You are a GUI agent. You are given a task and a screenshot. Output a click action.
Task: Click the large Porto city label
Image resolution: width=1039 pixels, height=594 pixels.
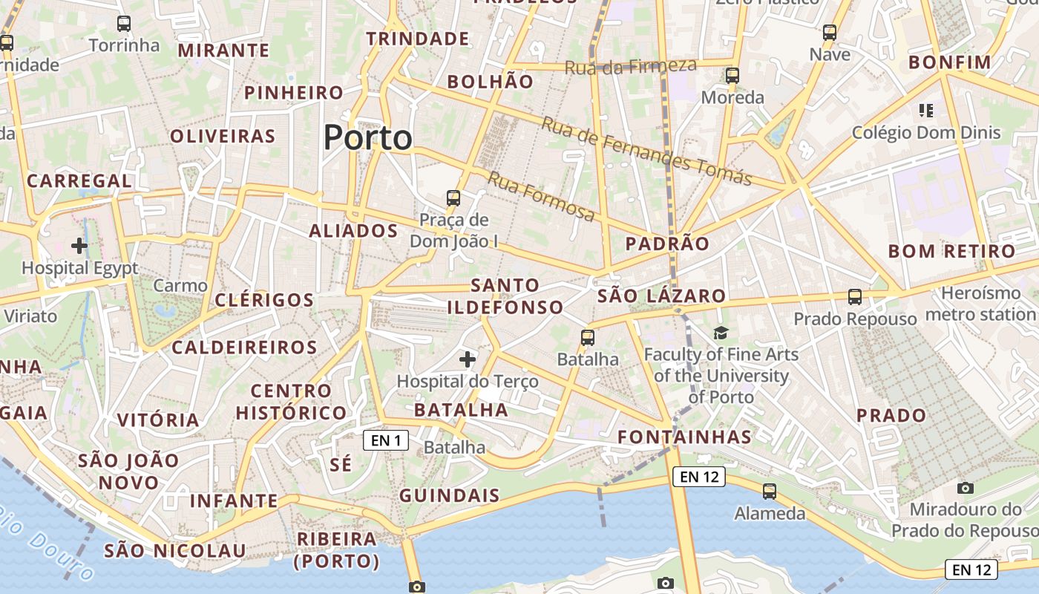tap(368, 138)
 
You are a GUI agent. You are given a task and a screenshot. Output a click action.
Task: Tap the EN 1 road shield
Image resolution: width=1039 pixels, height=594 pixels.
tap(386, 440)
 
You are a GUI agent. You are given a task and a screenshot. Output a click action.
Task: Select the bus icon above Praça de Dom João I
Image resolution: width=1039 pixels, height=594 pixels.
tap(453, 198)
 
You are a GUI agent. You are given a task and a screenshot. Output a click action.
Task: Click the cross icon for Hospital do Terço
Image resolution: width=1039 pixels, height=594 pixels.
tap(467, 360)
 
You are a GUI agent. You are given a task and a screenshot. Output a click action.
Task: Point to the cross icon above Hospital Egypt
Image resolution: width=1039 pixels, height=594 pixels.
tap(79, 246)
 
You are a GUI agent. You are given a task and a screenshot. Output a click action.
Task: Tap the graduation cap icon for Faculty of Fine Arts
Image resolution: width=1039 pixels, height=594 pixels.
tap(721, 333)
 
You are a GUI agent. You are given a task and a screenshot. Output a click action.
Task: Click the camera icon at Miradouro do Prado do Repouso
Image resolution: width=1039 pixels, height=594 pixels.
tap(965, 488)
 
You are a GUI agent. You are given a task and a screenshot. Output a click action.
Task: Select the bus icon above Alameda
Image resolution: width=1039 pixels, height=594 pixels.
tap(770, 491)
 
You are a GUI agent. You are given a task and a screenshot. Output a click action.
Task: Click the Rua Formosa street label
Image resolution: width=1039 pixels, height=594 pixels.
tap(541, 196)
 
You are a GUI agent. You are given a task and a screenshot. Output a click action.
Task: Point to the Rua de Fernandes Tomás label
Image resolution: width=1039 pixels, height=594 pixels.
tap(646, 151)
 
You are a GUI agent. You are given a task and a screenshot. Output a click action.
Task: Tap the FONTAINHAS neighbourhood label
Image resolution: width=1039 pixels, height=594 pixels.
tap(684, 437)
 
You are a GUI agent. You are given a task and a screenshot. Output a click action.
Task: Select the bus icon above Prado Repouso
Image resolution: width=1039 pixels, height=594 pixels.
tap(855, 297)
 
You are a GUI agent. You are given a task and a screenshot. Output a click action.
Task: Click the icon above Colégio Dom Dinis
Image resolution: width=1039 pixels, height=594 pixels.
tap(925, 111)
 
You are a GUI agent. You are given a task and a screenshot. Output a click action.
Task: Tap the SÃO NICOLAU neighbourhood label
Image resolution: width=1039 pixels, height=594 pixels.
tap(174, 550)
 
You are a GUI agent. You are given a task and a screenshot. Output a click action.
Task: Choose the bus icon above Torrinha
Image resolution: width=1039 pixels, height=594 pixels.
tap(124, 24)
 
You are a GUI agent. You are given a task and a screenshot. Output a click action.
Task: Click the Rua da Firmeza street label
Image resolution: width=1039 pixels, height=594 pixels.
tap(630, 66)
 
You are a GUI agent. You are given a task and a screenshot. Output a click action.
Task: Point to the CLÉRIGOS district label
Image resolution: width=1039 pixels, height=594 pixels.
tap(264, 300)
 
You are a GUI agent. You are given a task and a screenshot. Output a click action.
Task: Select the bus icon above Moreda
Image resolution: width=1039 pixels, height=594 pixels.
tap(732, 75)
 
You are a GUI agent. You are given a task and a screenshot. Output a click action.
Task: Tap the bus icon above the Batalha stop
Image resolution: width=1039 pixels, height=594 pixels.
tap(588, 338)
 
